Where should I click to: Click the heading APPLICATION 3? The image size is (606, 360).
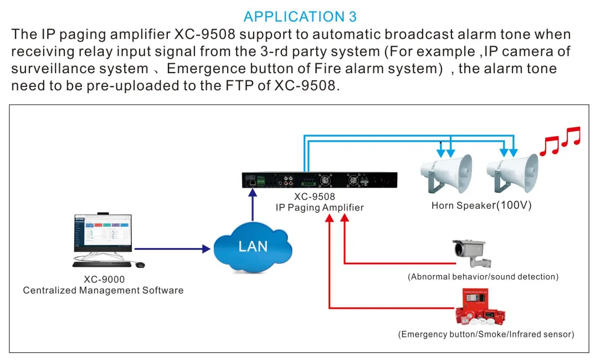point(300,16)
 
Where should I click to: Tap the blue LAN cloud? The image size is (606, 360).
point(253,245)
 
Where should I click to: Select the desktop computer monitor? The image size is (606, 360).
point(103,233)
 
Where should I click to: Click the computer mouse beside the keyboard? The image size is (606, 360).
point(140,265)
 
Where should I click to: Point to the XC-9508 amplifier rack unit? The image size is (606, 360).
point(320,181)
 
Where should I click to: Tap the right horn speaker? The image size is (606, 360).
point(512,173)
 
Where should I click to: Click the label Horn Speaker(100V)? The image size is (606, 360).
point(481,205)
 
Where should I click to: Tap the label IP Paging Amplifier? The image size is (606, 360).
point(320,208)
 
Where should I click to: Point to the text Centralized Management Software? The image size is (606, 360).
point(103,290)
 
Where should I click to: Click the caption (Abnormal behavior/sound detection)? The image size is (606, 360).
point(483,276)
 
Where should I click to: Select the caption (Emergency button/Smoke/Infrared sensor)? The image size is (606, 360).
point(486,335)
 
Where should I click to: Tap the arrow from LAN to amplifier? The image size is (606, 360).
point(253,205)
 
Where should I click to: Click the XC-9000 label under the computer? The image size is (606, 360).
point(104,280)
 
